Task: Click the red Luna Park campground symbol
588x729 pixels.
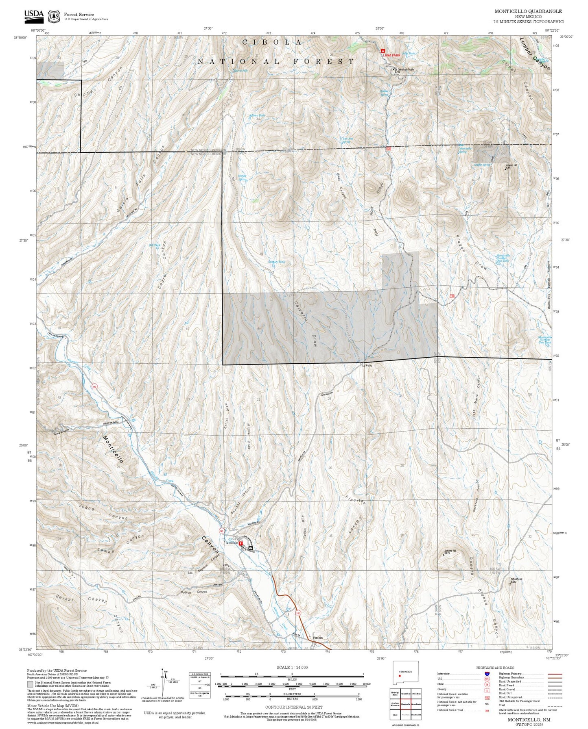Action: [x=383, y=51]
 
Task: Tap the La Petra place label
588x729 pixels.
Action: [x=367, y=365]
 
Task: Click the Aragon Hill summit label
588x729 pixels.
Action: [x=511, y=165]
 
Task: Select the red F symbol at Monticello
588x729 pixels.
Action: [x=241, y=543]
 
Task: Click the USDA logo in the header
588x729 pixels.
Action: [x=34, y=15]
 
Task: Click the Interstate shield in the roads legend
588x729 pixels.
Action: [x=487, y=674]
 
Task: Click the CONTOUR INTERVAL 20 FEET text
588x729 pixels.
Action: [x=293, y=707]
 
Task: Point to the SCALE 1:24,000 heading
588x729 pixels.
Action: [x=292, y=667]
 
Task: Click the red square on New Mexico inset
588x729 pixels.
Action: [x=400, y=676]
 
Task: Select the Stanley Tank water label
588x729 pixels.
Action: [x=276, y=262]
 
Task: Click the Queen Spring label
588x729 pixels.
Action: [x=384, y=92]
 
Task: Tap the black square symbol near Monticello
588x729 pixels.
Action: [x=250, y=548]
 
